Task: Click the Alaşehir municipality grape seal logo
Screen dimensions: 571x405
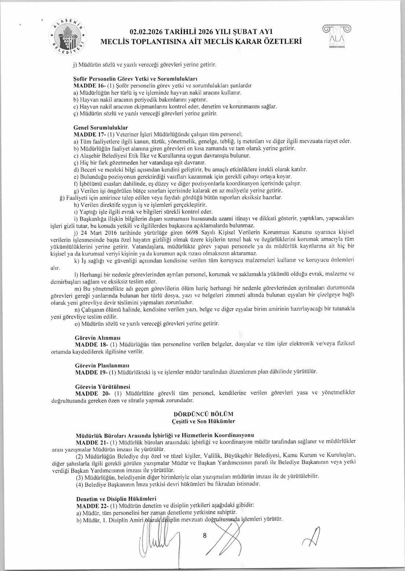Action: pyautogui.click(x=69, y=36)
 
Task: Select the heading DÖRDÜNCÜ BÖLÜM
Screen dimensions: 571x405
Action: pyautogui.click(x=203, y=414)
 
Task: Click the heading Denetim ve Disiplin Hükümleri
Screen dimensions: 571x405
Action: pyautogui.click(x=116, y=499)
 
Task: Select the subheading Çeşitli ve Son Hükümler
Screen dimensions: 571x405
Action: pyautogui.click(x=203, y=421)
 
